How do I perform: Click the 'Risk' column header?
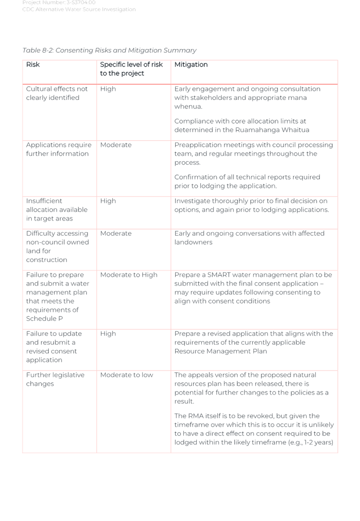click(33, 65)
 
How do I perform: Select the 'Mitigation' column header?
click(191, 65)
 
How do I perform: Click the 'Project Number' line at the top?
click(59, 3)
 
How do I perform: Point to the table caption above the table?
click(109, 51)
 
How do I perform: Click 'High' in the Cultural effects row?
click(108, 89)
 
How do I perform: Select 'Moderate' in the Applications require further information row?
click(116, 145)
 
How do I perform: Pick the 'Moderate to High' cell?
click(128, 275)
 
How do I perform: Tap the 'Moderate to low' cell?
click(127, 375)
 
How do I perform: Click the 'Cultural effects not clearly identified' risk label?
click(57, 93)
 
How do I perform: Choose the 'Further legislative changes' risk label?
click(55, 379)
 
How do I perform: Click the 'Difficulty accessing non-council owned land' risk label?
click(57, 246)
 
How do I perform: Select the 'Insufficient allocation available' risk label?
click(56, 210)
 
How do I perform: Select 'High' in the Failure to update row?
click(108, 334)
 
